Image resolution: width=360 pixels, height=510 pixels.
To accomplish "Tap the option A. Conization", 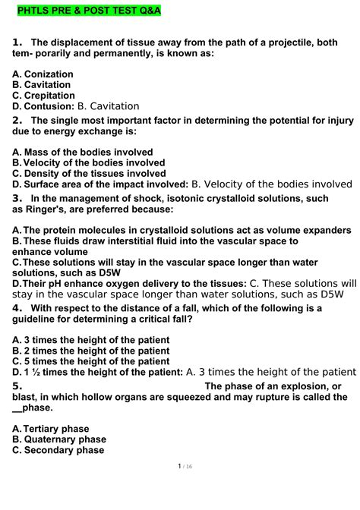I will (x=43, y=74).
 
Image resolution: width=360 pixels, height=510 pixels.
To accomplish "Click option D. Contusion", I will (x=43, y=106).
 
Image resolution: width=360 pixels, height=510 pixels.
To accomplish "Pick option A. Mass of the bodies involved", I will (x=83, y=152).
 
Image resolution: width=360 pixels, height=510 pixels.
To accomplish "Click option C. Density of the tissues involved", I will (x=88, y=173).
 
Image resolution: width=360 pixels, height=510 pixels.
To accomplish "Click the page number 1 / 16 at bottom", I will (x=179, y=487).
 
